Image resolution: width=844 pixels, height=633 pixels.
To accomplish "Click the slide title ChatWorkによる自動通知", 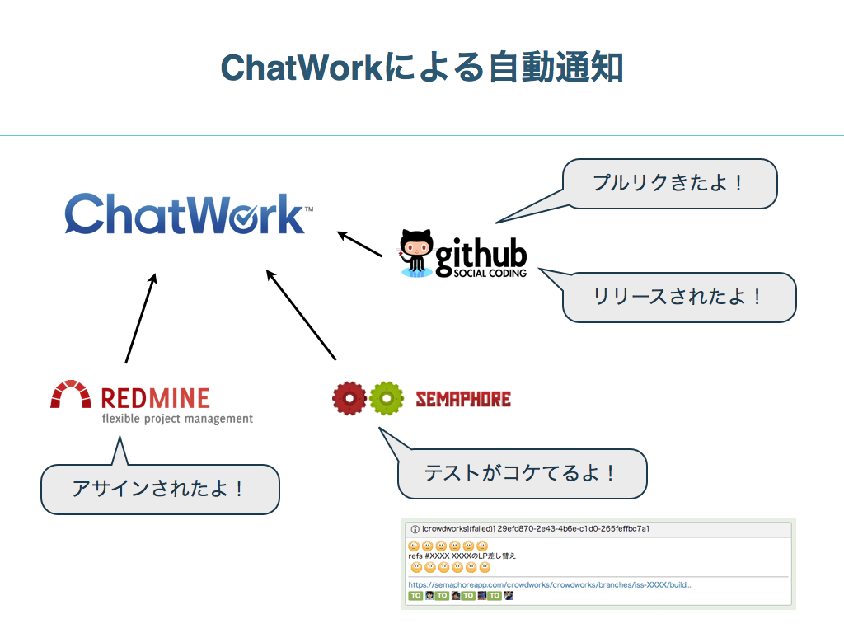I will tap(421, 68).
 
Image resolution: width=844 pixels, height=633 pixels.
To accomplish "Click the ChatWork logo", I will tap(188, 214).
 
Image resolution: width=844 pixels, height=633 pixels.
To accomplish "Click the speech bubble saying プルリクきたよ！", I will tap(669, 183).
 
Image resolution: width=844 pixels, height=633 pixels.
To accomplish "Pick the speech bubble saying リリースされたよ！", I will tap(678, 297).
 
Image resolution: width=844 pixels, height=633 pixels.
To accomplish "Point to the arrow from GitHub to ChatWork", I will tap(360, 244).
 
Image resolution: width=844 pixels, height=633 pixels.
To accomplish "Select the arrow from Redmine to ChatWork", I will tap(140, 318).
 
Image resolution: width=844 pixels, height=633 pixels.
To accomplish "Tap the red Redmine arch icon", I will tap(70, 395).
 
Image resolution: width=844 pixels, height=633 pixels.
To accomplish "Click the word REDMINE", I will tap(155, 399).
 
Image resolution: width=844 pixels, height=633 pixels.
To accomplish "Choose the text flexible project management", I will tap(176, 419).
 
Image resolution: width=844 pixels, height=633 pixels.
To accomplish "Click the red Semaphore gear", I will tap(349, 399).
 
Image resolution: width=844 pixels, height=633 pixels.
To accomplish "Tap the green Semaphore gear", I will tap(386, 399).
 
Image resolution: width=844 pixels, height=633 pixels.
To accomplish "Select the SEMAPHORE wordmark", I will tap(462, 400).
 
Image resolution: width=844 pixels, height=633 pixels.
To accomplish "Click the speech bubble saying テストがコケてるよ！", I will tap(521, 473).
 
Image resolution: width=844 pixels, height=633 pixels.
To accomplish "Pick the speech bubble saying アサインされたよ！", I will tap(160, 489).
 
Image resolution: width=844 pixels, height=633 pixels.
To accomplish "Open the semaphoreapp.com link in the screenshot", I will tap(549, 585).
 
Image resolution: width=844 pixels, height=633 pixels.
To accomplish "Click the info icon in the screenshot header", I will tap(415, 528).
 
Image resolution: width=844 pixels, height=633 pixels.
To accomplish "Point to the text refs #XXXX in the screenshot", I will tap(429, 556).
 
